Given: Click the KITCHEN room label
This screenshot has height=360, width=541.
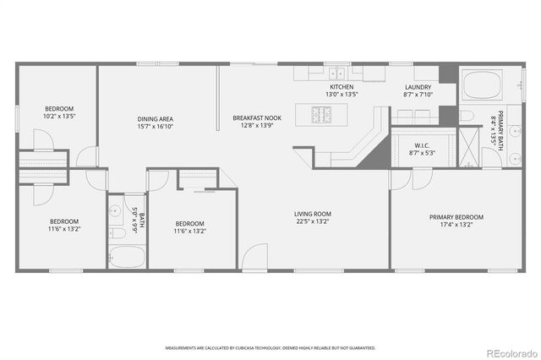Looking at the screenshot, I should coord(342,87).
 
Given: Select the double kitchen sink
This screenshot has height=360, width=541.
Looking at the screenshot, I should coord(336,73).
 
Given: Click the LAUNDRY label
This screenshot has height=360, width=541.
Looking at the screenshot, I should coord(418,87).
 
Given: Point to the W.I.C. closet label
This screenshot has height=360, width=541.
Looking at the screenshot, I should coord(422,145).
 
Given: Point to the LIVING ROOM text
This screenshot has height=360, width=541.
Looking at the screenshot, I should coord(312,214).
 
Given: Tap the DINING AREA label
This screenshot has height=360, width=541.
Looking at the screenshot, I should coord(156,118).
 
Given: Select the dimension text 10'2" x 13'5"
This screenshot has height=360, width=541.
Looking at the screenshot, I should coord(59,117).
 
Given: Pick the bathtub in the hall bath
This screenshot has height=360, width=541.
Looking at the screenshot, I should coord(126,257).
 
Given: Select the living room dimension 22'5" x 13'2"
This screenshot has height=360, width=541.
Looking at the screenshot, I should coord(312,222).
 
